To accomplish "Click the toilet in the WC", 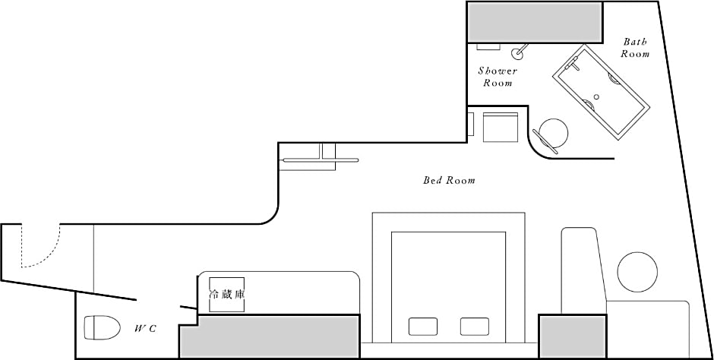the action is click(102, 327).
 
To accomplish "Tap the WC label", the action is click(145, 329).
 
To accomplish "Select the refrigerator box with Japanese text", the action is click(227, 295).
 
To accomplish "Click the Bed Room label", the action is click(449, 180).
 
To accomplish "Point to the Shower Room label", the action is click(498, 77).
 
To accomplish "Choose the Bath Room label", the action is click(635, 48).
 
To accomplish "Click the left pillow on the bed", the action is click(423, 327).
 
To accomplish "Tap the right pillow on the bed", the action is click(475, 327).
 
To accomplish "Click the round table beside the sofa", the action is click(637, 272).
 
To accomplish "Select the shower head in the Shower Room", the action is click(519, 52).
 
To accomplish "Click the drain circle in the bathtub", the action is click(597, 96).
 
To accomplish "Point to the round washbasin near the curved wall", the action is click(553, 134).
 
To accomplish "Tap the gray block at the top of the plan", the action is click(535, 22).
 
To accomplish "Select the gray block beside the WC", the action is click(270, 336).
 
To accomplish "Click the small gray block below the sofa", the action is click(573, 336).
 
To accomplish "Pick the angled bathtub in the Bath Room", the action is click(601, 90).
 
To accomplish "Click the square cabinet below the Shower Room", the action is click(501, 127).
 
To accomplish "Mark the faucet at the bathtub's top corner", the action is click(572, 64).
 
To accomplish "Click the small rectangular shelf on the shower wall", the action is click(488, 46).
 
